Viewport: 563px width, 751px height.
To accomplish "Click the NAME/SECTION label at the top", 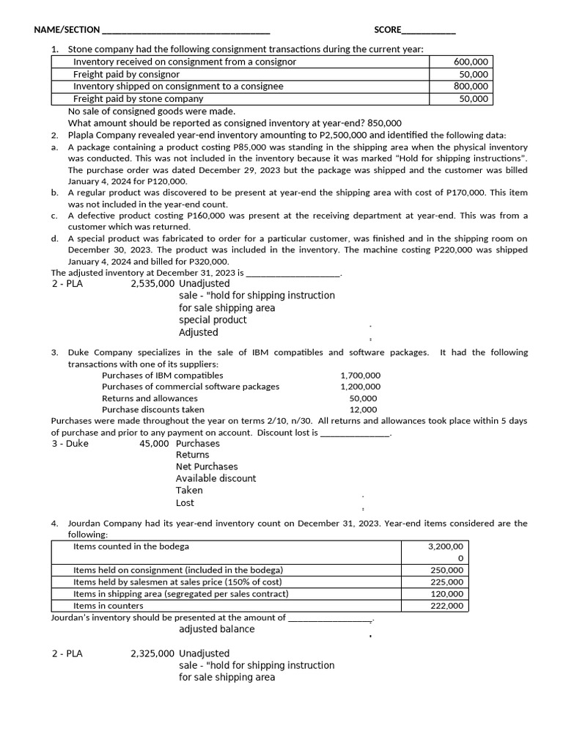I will click(x=67, y=30).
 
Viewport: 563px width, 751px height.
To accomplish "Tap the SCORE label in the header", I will click(x=388, y=30).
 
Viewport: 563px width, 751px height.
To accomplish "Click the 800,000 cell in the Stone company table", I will click(x=471, y=87).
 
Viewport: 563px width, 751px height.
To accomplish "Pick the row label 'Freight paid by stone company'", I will click(x=139, y=99).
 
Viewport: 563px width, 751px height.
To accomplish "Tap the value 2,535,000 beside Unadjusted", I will click(x=152, y=284).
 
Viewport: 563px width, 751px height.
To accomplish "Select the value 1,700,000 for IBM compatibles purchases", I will click(x=360, y=375).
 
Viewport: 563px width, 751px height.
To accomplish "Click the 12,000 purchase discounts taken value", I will click(x=364, y=410).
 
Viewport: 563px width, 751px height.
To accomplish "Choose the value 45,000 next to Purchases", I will click(x=155, y=444).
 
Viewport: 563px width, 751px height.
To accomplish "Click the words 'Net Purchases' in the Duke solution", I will click(x=207, y=466).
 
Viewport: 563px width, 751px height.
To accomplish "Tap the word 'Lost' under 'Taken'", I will click(x=185, y=503).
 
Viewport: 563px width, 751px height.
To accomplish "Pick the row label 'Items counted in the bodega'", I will click(x=131, y=547).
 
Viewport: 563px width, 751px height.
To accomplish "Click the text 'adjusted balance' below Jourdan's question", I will click(x=217, y=629).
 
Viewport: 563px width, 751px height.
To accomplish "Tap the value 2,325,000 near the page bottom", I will click(x=152, y=653).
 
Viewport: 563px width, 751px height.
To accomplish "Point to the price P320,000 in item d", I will click(x=210, y=262).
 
